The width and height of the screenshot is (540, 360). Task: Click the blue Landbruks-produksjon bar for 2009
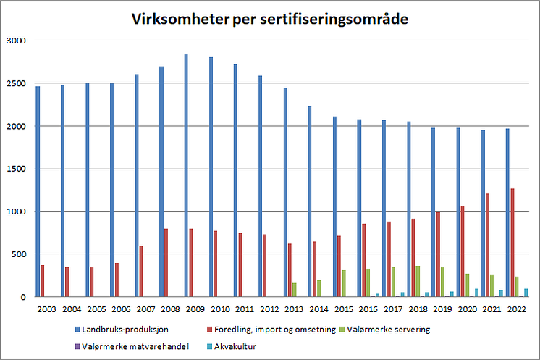(x=186, y=175)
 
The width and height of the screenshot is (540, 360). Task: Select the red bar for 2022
(x=512, y=243)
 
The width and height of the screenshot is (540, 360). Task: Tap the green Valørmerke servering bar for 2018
(x=418, y=281)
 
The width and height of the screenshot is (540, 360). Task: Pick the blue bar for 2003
(x=38, y=191)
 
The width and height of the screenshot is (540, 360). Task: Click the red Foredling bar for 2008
(x=166, y=262)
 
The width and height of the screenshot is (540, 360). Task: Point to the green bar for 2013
(x=295, y=290)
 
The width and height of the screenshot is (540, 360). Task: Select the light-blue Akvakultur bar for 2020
(x=476, y=293)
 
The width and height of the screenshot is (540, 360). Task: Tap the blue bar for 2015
(x=334, y=206)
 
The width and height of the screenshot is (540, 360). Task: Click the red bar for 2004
(x=67, y=282)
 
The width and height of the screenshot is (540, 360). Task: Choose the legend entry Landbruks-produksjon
(x=122, y=330)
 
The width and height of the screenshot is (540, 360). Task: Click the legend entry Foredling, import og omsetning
(x=271, y=330)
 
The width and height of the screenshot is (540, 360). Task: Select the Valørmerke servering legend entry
(x=384, y=330)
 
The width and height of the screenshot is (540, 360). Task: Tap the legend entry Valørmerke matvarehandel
(x=132, y=346)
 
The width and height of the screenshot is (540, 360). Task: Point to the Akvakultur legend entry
(x=232, y=346)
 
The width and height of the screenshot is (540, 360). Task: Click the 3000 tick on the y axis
(x=16, y=41)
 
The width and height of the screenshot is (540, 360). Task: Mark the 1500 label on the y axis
(x=16, y=169)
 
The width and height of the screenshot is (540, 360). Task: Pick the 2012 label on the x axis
(x=269, y=309)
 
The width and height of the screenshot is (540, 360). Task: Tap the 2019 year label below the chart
(x=442, y=309)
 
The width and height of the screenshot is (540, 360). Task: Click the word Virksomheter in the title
(x=180, y=19)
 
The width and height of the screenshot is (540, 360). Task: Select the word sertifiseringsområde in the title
(x=334, y=20)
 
